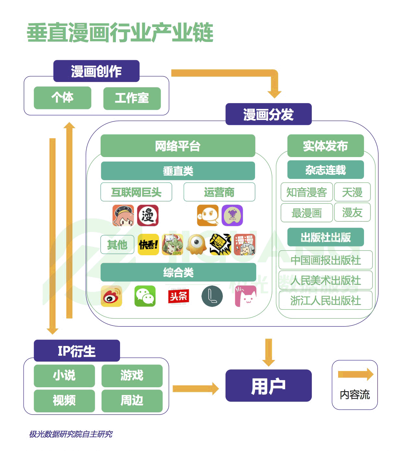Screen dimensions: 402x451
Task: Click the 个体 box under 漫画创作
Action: click(62, 98)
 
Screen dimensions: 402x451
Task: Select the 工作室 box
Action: click(132, 99)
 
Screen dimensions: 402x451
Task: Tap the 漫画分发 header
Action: click(268, 114)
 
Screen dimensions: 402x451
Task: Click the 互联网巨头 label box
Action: click(136, 192)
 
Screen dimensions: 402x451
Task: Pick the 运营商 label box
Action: click(219, 192)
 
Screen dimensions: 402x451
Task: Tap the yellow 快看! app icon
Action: click(148, 245)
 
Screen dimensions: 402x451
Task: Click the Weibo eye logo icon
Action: click(111, 296)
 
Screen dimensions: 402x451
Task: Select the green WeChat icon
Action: click(145, 296)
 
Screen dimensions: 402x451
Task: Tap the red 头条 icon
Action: click(178, 296)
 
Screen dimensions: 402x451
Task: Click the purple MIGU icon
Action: click(232, 215)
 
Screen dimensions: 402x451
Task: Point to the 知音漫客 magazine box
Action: click(307, 192)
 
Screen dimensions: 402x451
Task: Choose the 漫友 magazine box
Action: click(352, 212)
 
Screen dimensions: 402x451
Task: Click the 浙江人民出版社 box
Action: click(325, 300)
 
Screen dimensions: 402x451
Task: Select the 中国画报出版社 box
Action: click(325, 260)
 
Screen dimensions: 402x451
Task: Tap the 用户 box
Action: click(268, 386)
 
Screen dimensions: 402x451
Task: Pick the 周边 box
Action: click(132, 401)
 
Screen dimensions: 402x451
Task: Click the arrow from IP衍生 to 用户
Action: click(196, 389)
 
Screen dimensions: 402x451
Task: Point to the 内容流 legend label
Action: click(355, 395)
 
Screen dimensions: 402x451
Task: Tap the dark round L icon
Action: click(212, 296)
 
